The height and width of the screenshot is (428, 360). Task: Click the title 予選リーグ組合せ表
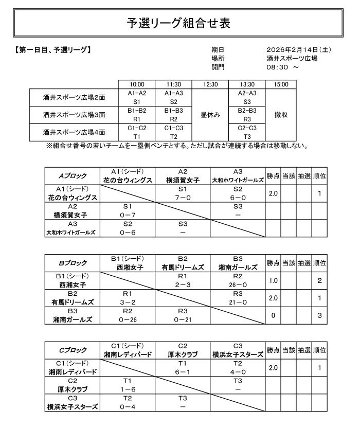(179, 23)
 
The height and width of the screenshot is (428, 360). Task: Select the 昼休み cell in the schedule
(210, 115)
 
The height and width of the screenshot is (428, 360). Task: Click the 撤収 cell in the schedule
(281, 115)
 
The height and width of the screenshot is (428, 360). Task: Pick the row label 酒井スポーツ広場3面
(74, 115)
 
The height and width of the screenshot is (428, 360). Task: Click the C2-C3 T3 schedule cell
(247, 132)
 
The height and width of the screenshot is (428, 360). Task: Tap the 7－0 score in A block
(183, 198)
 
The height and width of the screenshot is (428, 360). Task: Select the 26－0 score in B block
(238, 285)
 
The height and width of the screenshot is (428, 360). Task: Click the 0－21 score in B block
(183, 319)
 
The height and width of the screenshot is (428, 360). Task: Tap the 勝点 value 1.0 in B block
(273, 281)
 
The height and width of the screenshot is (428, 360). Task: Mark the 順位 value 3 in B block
(320, 315)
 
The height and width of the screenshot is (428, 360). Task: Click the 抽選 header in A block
(304, 176)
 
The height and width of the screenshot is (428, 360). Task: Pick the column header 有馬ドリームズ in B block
(183, 267)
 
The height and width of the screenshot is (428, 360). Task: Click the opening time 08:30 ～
(282, 67)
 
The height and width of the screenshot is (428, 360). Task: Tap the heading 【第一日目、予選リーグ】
(55, 50)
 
